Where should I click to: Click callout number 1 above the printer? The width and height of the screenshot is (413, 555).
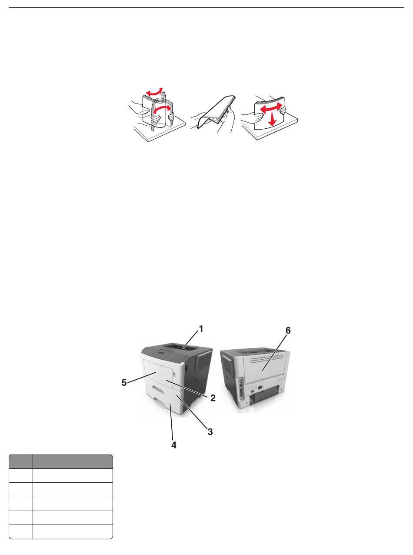[200, 329]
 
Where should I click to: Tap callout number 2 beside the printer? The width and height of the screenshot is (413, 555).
[213, 398]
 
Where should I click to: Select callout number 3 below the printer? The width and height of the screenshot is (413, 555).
[210, 431]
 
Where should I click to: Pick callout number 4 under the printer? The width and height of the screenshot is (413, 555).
[173, 445]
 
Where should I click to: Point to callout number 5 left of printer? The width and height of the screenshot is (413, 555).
[124, 383]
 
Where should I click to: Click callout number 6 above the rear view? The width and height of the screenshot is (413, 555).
[288, 331]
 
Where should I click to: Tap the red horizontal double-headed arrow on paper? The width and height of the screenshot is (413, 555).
[271, 107]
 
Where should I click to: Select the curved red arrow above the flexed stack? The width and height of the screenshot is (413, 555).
[154, 92]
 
